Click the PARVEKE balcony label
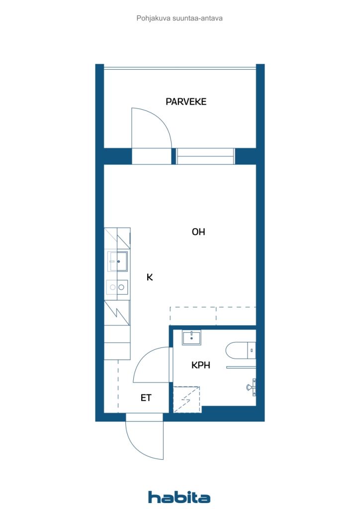pos(186,101)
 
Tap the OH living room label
pos(198,232)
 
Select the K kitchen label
pos(150,277)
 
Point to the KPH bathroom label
pos(200,365)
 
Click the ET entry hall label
pos(146,398)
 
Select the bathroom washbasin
pos(191,338)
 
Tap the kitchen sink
pos(117,261)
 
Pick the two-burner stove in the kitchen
pos(117,287)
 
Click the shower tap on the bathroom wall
pos(252,387)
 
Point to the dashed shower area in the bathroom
pos(186,400)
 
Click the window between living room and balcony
pos(205,156)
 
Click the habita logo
pos(179,497)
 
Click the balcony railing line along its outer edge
pos(180,68)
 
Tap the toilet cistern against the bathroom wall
pos(252,350)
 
